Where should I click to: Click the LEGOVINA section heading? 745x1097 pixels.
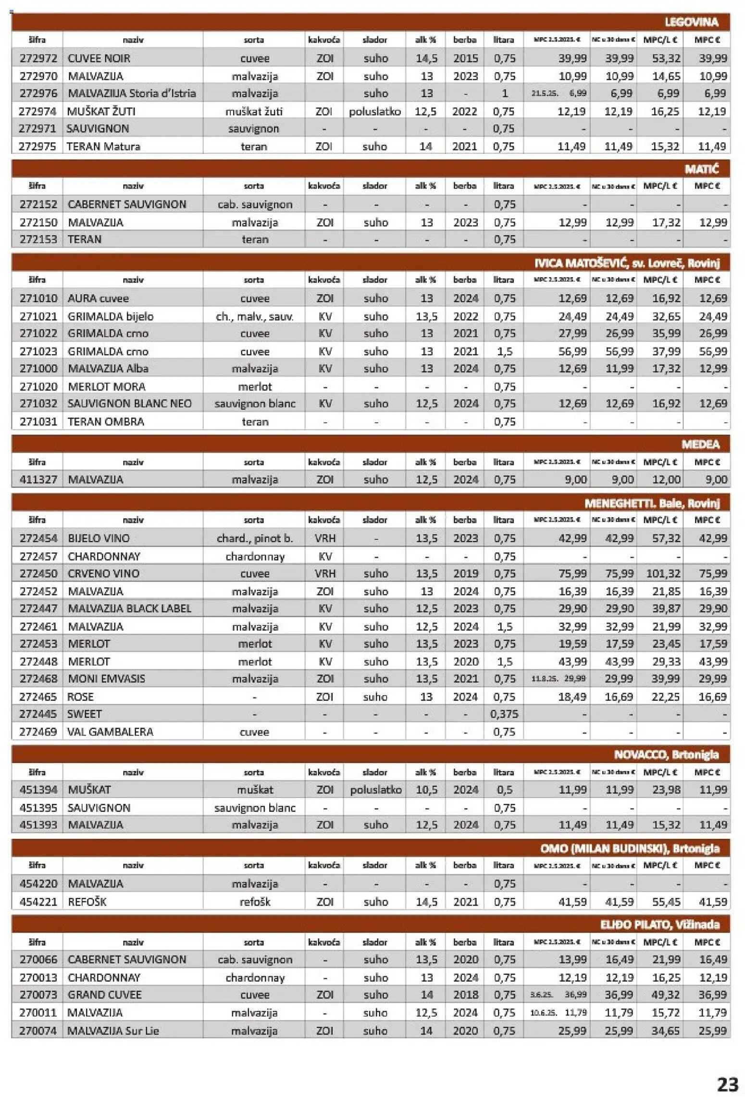coord(691,22)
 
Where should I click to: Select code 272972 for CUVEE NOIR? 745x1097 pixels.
coord(38,58)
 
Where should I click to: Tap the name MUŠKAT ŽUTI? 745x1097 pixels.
coord(101,112)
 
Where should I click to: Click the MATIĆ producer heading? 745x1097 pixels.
coord(701,169)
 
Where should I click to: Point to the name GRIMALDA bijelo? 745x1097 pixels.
coord(111,316)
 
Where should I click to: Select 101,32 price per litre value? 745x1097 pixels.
coord(665,573)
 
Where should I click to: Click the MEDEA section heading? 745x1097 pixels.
coord(700,444)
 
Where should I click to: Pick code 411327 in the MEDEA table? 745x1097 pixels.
coord(38,479)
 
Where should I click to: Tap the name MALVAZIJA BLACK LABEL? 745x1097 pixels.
coord(129,609)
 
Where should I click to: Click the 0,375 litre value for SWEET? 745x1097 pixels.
coord(504,714)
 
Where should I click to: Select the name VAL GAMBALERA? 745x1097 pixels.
coord(110,732)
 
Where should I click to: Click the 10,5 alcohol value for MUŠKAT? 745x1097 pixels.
coord(426,790)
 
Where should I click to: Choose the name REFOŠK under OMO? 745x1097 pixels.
coord(87,902)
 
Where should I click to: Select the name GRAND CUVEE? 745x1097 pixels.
coord(105,995)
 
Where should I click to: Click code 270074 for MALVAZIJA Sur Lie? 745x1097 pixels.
coord(38,1031)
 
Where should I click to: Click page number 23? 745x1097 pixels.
coord(727,1085)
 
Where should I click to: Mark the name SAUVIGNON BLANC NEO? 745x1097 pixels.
coord(129,404)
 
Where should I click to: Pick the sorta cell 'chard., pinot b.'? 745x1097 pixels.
coord(254,538)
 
